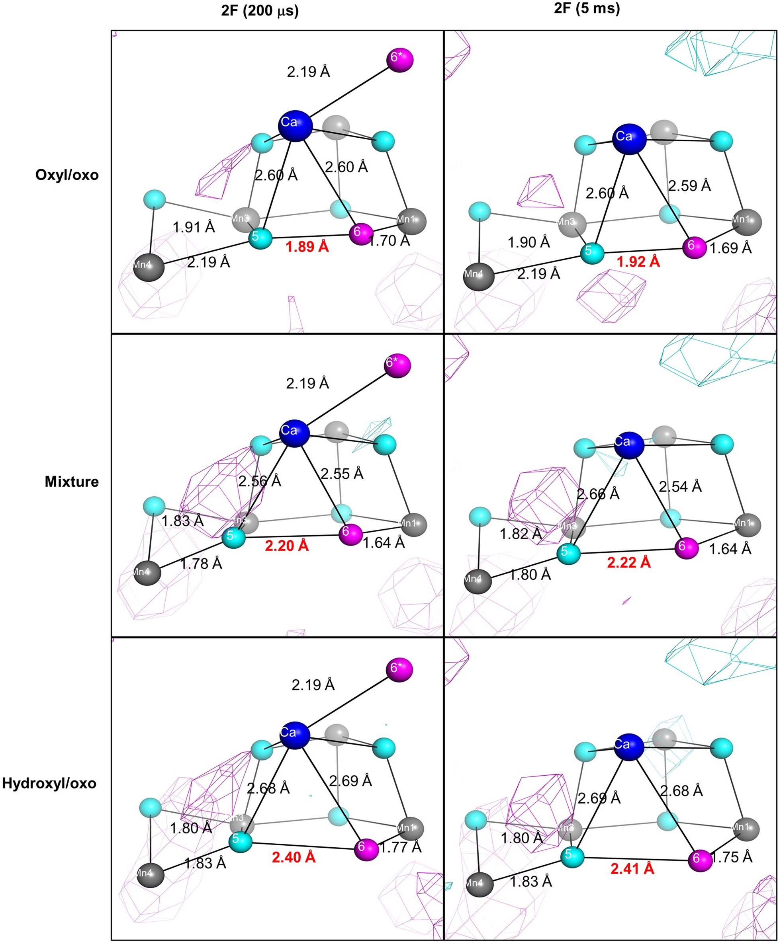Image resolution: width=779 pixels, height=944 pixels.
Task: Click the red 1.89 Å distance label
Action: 307,247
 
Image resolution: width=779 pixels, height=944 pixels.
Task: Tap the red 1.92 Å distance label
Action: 638,262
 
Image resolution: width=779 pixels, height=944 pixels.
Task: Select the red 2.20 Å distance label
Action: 287,546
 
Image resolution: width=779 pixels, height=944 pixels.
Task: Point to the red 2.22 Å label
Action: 629,562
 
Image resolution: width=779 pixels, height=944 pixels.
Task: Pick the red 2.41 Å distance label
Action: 632,869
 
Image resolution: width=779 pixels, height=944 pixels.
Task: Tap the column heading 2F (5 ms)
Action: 587,8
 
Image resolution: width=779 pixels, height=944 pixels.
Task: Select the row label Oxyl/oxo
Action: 67,175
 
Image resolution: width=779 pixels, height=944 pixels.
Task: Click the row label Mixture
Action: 72,482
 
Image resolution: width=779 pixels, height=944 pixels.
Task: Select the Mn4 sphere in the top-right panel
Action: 479,277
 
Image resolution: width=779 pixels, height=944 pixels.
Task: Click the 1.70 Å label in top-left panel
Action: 389,241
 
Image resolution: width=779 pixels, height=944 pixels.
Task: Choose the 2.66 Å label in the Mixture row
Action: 598,494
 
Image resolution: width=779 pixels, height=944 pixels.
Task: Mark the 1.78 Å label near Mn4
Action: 201,563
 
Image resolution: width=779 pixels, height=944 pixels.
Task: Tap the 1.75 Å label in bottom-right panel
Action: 731,857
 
